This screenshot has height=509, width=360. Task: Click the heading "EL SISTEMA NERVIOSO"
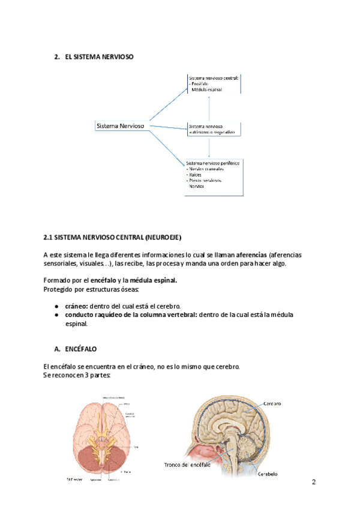coord(98,57)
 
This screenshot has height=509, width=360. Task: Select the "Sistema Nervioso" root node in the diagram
coord(120,126)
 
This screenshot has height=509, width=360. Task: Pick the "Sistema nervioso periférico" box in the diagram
coord(214,175)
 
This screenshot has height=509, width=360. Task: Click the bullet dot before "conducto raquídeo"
coord(56,315)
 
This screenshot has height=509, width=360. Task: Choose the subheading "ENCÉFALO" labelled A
coord(80,349)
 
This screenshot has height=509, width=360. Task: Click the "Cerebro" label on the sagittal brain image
coord(272,404)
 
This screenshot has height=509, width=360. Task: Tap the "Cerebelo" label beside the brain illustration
coord(268,474)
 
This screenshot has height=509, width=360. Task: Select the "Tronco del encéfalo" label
coord(189,465)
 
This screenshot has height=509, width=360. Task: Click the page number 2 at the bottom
coord(313,483)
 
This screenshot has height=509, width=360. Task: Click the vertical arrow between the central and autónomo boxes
coord(209,108)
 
